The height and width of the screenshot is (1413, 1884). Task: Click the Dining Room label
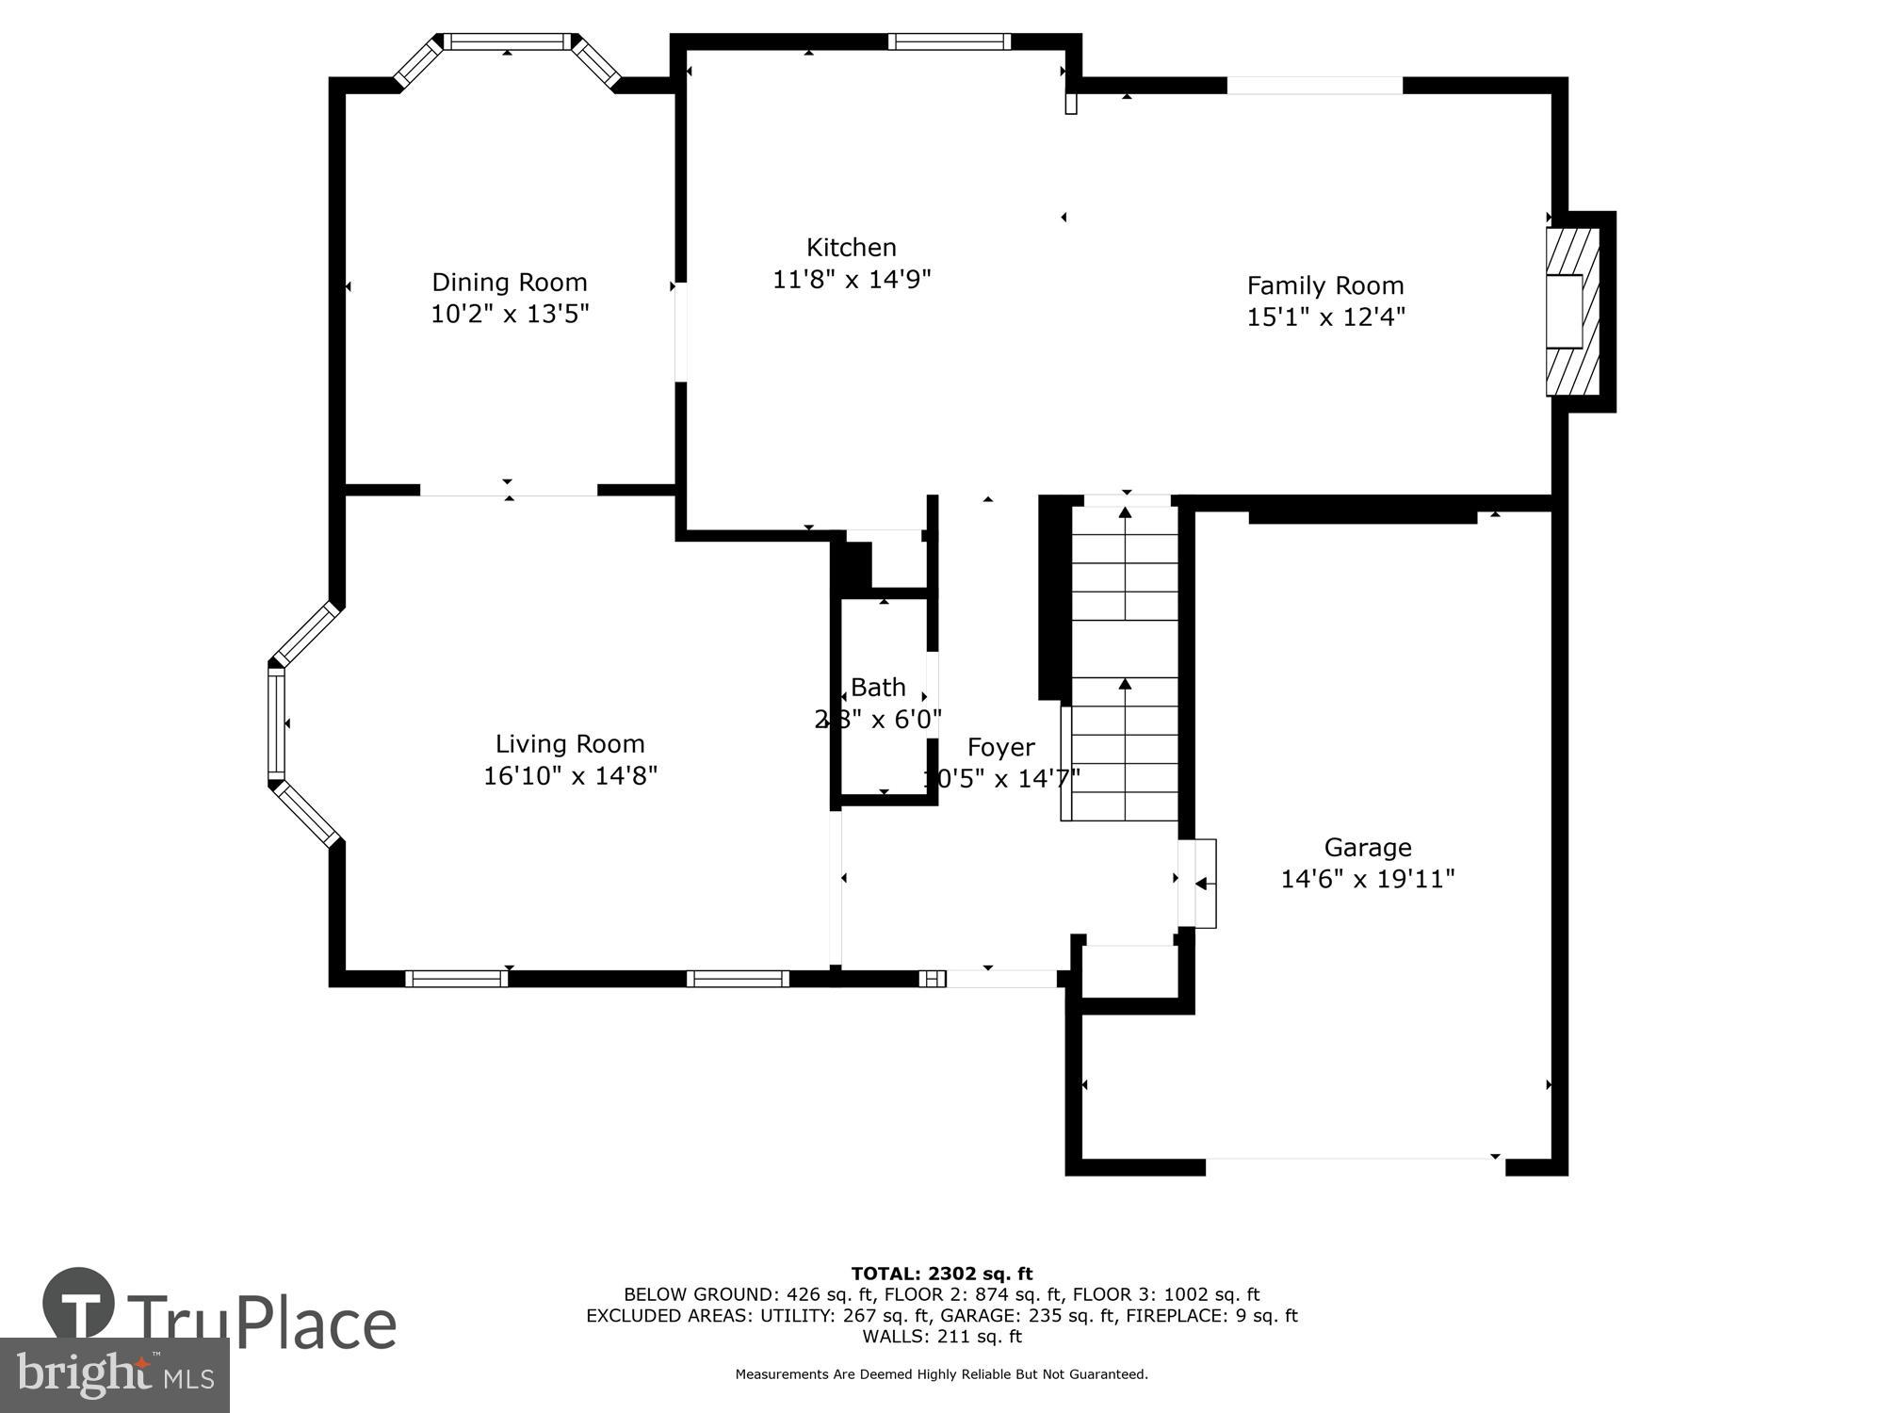tap(509, 282)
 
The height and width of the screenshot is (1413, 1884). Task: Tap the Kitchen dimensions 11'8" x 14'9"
tap(852, 279)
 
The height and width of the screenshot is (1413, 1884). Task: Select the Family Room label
tap(1324, 285)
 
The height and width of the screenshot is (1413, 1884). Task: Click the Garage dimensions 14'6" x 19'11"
tap(1367, 879)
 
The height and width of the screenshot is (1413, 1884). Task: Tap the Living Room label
tap(570, 744)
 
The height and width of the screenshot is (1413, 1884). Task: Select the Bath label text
tap(878, 688)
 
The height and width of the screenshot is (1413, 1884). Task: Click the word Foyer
tap(1000, 748)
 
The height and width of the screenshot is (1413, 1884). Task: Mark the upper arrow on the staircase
tap(1125, 513)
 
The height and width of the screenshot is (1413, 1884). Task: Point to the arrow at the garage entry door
tap(1202, 884)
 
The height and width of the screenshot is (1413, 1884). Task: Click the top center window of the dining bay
tap(507, 41)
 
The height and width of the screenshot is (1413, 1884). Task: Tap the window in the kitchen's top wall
tap(949, 41)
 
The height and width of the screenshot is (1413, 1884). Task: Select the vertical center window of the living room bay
tap(276, 723)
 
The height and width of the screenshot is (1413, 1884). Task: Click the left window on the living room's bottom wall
tap(456, 979)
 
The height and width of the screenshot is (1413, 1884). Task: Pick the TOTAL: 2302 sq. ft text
tap(941, 1274)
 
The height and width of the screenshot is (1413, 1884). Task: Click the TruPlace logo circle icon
tap(79, 1304)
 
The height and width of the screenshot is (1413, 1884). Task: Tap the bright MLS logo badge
tap(114, 1375)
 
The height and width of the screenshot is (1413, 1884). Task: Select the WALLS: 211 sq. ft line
tap(941, 1336)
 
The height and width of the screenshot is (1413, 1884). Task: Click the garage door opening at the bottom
tap(1355, 1166)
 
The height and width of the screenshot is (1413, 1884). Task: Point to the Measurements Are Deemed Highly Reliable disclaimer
tap(941, 1374)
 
